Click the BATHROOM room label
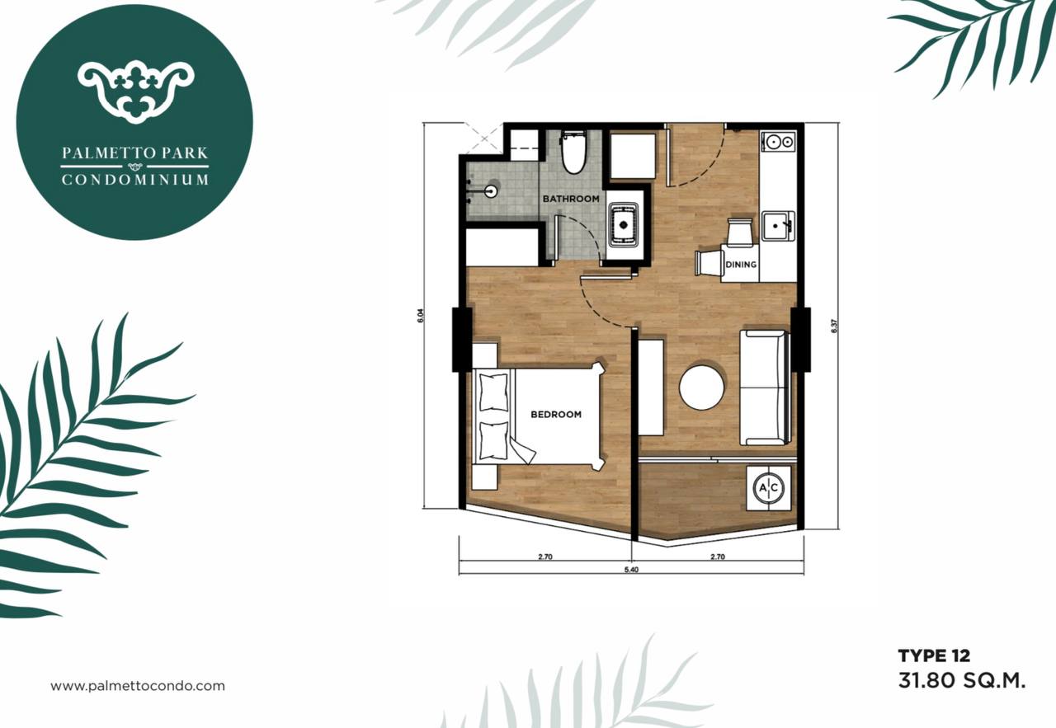(x=571, y=199)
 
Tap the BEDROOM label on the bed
(x=556, y=415)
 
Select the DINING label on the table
(x=741, y=265)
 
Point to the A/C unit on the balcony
(x=769, y=488)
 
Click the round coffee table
(x=701, y=387)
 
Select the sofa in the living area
(x=764, y=387)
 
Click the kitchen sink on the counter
(x=778, y=226)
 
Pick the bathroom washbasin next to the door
(x=623, y=225)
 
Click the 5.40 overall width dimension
(x=631, y=570)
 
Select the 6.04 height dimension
(x=421, y=316)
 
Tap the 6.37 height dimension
(x=834, y=326)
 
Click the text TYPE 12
(x=935, y=655)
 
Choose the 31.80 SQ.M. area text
(x=962, y=680)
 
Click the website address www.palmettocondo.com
(x=138, y=686)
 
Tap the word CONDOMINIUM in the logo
(x=134, y=180)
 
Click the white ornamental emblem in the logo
(x=136, y=92)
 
